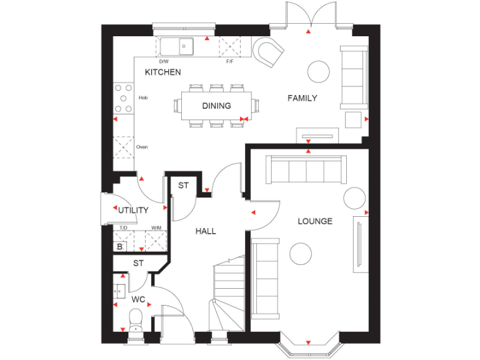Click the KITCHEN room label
[162, 72]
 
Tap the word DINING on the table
[216, 106]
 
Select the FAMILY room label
[302, 98]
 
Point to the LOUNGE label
[314, 221]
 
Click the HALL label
[206, 231]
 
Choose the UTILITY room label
[133, 210]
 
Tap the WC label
[138, 300]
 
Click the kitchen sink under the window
[177, 46]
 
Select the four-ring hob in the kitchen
[123, 98]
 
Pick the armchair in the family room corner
[269, 51]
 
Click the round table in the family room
[319, 71]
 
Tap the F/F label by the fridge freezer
[229, 61]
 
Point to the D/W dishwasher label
[164, 61]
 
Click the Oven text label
[142, 147]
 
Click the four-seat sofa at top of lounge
[306, 169]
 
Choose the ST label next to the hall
[183, 186]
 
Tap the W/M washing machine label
[156, 228]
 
